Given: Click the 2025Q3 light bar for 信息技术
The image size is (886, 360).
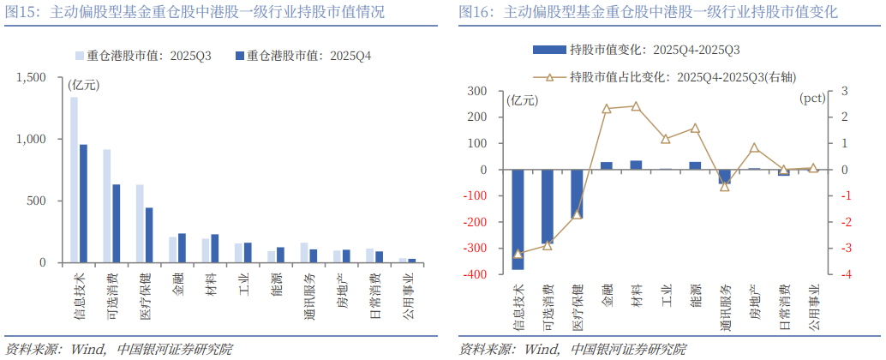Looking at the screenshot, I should [x=74, y=180].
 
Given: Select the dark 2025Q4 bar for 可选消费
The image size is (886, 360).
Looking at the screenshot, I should [x=116, y=223].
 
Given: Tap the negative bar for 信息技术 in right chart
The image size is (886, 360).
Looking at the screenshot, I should [x=518, y=219].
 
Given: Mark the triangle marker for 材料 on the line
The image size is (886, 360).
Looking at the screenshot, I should [x=636, y=106].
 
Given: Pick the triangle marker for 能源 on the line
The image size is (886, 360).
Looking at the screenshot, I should [x=695, y=129].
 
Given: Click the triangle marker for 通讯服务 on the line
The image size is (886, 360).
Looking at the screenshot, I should [x=725, y=186].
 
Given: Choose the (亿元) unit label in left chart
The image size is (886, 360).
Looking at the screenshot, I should [x=83, y=84].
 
